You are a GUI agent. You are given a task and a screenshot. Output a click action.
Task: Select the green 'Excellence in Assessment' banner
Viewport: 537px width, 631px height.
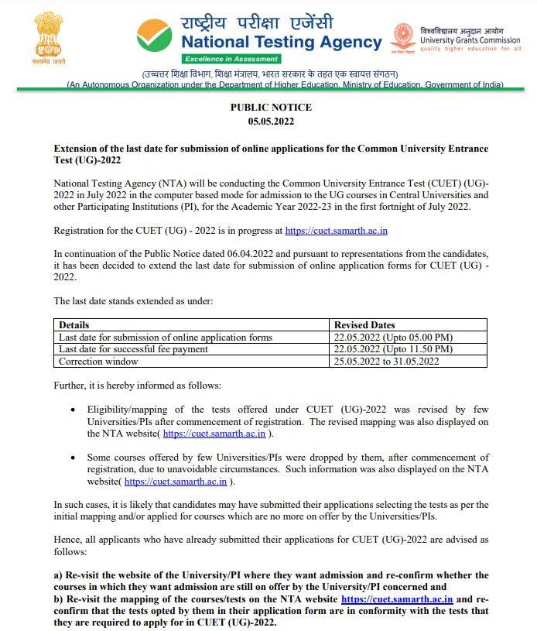click(231, 59)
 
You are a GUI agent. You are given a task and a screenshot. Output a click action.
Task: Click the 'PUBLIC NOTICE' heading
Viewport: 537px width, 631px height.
click(271, 108)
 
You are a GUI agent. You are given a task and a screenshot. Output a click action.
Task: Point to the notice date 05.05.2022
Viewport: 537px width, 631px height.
click(271, 122)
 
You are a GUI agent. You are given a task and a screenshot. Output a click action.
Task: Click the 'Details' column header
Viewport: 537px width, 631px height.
click(74, 325)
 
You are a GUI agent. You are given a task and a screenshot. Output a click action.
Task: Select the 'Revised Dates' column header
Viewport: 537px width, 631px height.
click(364, 325)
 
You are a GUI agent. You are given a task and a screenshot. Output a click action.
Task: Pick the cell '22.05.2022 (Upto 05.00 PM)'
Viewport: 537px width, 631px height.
click(393, 337)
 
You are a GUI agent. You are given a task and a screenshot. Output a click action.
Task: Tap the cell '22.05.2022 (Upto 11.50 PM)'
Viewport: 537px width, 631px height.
click(393, 349)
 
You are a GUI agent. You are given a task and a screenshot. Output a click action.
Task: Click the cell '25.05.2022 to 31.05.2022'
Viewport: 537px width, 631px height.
click(386, 361)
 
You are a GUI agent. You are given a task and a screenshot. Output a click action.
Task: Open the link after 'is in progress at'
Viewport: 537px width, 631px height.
click(336, 230)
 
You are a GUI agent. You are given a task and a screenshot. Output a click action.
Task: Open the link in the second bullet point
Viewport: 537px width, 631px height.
click(175, 482)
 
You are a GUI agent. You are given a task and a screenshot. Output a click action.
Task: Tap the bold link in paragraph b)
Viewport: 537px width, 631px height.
click(396, 598)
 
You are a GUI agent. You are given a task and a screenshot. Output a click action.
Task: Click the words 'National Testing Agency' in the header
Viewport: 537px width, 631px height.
click(281, 43)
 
